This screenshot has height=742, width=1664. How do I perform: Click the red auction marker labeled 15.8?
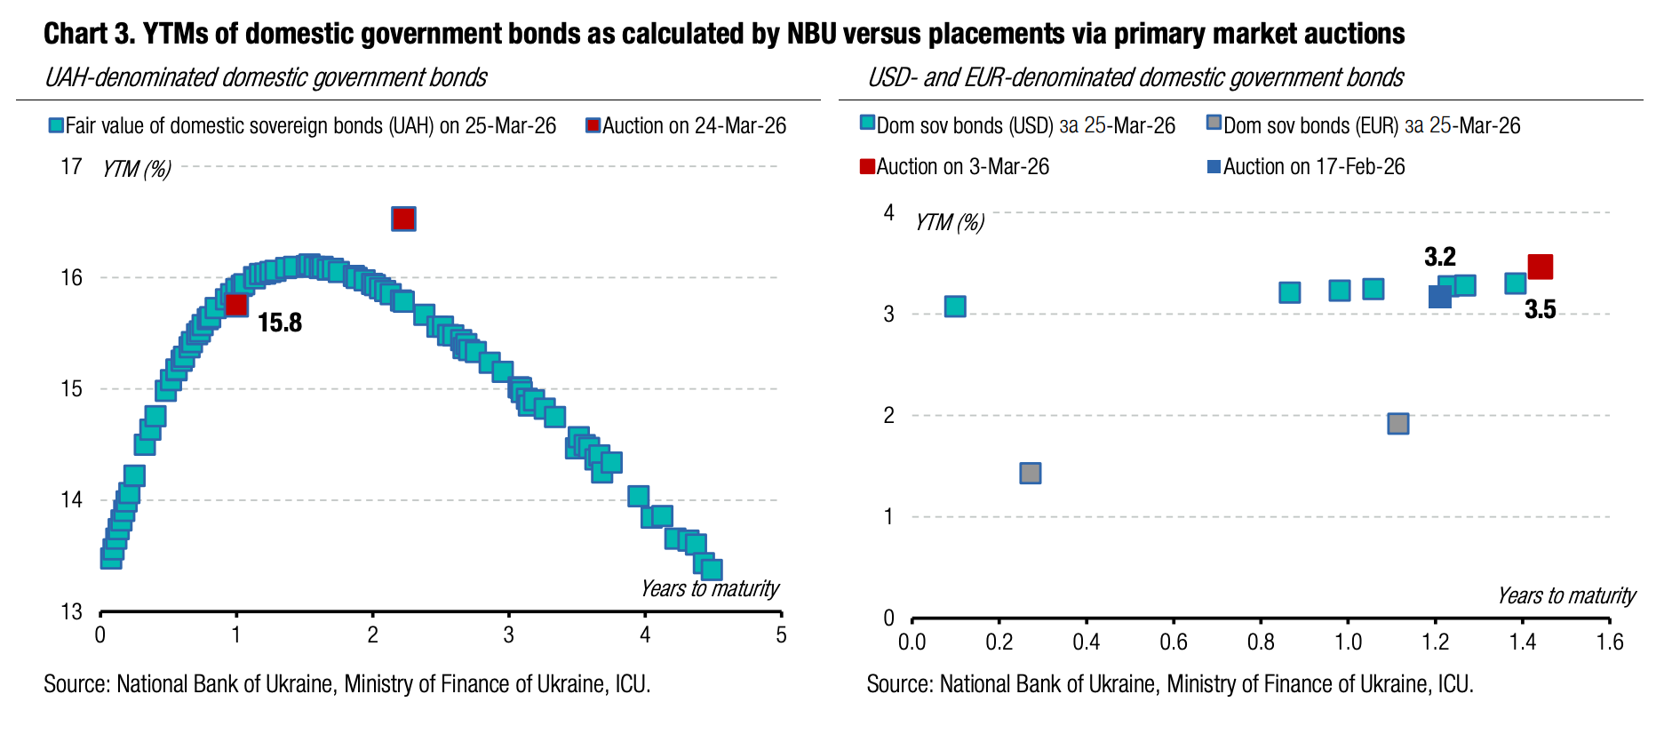click(x=236, y=305)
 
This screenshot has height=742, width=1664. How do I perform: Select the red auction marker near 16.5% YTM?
click(x=403, y=219)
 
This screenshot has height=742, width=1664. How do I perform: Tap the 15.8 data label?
click(x=280, y=323)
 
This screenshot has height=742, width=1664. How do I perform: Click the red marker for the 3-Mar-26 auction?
click(x=1540, y=267)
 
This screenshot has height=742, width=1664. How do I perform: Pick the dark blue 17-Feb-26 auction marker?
click(x=1439, y=297)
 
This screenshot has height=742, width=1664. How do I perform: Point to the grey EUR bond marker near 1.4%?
click(x=1030, y=473)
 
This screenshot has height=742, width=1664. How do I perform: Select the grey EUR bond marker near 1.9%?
click(x=1397, y=423)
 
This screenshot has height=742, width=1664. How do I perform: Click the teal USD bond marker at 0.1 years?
click(x=955, y=307)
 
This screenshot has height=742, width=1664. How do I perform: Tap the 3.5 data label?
click(x=1540, y=309)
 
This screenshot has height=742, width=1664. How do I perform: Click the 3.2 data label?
click(x=1439, y=257)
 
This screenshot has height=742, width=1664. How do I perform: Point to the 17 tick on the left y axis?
click(x=71, y=167)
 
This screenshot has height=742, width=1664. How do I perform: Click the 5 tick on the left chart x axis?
click(x=781, y=635)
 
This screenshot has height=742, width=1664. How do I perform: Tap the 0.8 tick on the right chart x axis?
click(x=1261, y=642)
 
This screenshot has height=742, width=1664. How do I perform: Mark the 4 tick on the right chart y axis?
click(x=888, y=212)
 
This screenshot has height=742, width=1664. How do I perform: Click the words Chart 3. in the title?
click(x=88, y=34)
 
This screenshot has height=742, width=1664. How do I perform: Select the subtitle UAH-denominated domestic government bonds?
click(x=266, y=78)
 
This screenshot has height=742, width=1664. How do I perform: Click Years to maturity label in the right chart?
click(x=1565, y=595)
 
